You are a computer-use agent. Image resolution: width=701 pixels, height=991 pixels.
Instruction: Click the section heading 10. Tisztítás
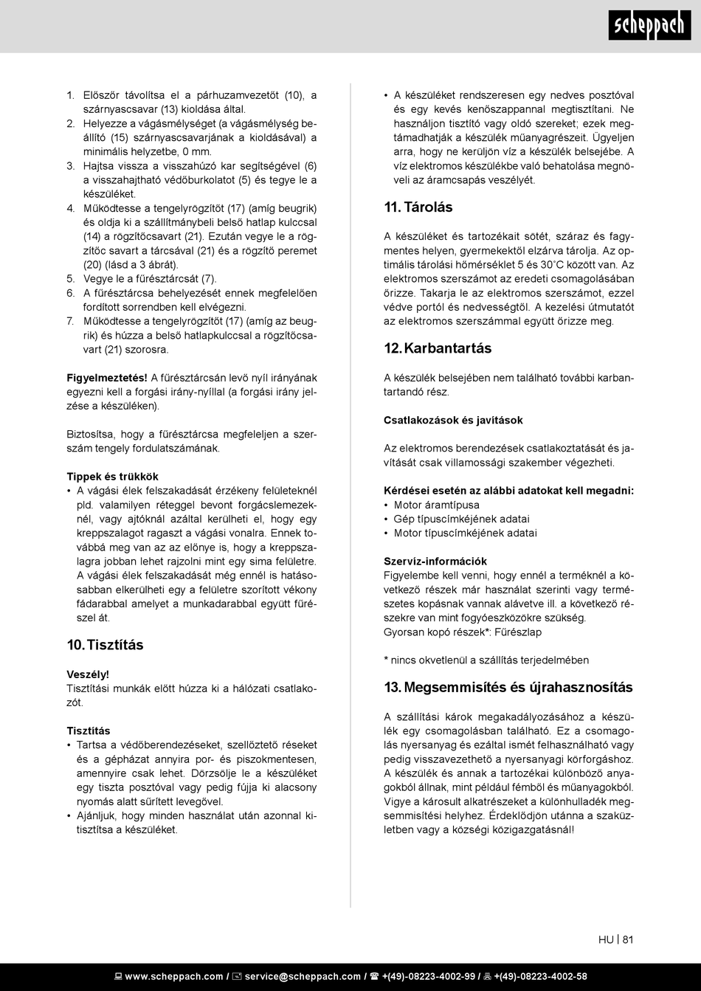[105, 645]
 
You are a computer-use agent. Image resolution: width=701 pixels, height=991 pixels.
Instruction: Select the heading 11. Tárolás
[418, 207]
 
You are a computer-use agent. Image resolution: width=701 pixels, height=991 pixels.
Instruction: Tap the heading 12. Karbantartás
[437, 348]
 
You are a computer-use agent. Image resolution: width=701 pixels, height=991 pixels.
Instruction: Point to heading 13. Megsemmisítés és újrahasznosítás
[508, 688]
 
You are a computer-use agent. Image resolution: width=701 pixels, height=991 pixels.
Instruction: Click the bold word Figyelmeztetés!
[107, 379]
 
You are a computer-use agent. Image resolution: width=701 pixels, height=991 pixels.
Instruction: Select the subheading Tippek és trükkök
[112, 477]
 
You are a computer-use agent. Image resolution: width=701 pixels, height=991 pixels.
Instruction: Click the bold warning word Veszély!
[88, 674]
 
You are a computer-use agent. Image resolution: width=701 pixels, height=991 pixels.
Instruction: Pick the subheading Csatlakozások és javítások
[453, 421]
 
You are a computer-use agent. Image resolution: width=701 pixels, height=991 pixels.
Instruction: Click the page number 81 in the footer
[628, 940]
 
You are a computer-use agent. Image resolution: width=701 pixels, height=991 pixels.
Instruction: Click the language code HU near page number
[606, 940]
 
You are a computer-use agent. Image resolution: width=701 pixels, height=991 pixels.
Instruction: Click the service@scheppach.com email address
[303, 977]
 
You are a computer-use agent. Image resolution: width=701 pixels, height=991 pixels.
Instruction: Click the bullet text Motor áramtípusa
[436, 505]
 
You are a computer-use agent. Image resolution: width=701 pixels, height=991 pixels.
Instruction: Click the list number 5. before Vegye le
[71, 279]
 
